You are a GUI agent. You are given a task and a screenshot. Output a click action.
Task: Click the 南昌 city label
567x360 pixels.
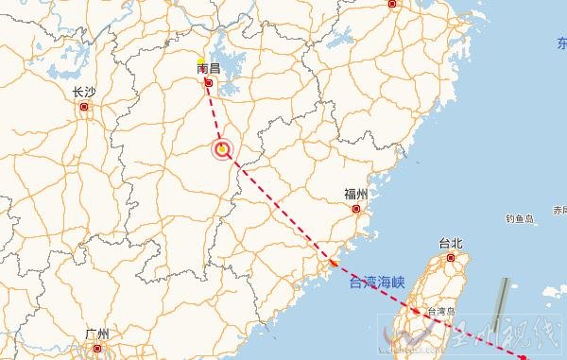208,69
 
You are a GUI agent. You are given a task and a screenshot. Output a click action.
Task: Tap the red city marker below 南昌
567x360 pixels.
209,84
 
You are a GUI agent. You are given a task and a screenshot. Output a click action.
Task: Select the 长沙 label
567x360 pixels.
83,93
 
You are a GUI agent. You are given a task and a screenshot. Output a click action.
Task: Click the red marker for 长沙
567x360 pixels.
84,108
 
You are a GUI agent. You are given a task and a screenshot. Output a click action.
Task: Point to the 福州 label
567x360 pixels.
355,195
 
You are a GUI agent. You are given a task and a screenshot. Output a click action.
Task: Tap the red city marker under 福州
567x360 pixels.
357,210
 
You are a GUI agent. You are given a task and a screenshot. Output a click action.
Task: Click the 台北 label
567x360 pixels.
452,243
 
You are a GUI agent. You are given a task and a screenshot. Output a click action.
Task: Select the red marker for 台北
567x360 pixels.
452,257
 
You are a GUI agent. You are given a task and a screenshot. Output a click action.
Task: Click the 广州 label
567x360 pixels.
96,334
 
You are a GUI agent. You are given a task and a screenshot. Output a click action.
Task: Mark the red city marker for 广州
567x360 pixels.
96,348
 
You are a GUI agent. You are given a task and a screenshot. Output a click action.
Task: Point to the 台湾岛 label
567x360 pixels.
441,311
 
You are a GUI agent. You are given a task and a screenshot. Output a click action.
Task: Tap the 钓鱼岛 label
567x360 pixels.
520,218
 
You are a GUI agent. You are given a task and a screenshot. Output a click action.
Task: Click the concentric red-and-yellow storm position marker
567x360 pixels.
222,148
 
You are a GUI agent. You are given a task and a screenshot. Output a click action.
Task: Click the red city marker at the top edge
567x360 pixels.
392,4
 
